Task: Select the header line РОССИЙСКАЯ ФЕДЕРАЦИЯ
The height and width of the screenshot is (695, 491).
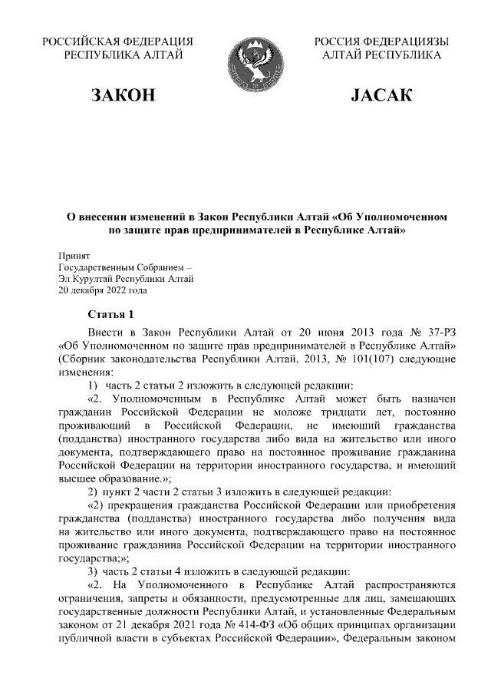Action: point(117,41)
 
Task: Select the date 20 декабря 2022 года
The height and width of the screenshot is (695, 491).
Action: point(103,290)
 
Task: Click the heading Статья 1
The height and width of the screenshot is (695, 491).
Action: point(111,316)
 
